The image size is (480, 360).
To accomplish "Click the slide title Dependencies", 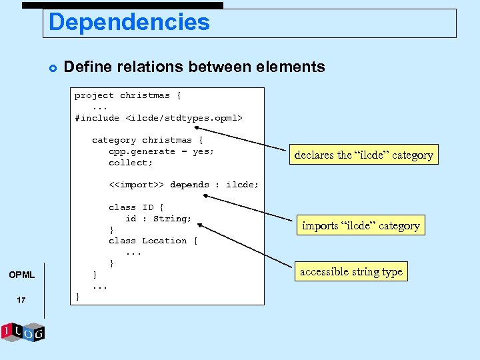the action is pyautogui.click(x=129, y=23).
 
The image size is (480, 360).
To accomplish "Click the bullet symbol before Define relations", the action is pyautogui.click(x=51, y=67).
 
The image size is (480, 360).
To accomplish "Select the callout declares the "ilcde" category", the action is pyautogui.click(x=363, y=155).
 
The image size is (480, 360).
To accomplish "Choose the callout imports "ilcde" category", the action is pyautogui.click(x=361, y=225).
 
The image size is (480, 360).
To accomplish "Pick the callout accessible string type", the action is pyautogui.click(x=351, y=271).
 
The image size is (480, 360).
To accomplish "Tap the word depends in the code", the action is pyautogui.click(x=189, y=185).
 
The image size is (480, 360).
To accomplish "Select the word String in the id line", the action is pyautogui.click(x=172, y=218).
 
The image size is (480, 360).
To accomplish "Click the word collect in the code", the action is pyautogui.click(x=129, y=163).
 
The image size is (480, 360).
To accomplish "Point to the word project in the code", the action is pyautogui.click(x=94, y=95).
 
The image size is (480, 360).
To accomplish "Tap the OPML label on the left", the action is pyautogui.click(x=21, y=275).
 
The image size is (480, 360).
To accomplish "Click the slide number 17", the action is pyautogui.click(x=21, y=300).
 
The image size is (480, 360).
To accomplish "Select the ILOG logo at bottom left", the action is pyautogui.click(x=23, y=331).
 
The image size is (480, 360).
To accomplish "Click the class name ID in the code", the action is pyautogui.click(x=148, y=207).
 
